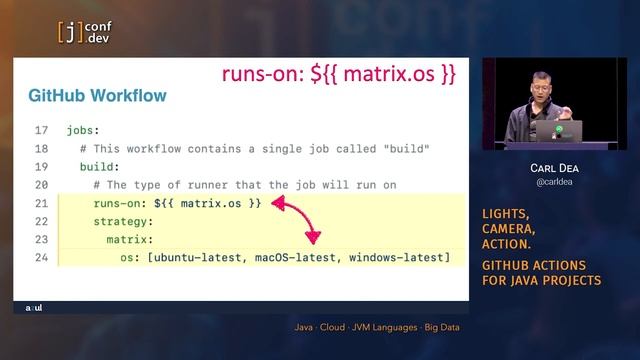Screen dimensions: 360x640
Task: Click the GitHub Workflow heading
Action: pyautogui.click(x=97, y=96)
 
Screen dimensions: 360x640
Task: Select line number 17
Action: pyautogui.click(x=41, y=130)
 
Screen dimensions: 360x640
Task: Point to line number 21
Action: pyautogui.click(x=41, y=202)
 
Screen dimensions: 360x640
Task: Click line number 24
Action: pyautogui.click(x=41, y=257)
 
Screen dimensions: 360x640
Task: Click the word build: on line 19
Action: pyautogui.click(x=99, y=166)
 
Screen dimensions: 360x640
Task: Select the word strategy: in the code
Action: pyautogui.click(x=123, y=221)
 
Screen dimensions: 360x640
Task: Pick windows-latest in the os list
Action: pyautogui.click(x=396, y=257)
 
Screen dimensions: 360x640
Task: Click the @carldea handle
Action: pyautogui.click(x=553, y=184)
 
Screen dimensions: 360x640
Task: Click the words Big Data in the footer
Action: pyautogui.click(x=442, y=327)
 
